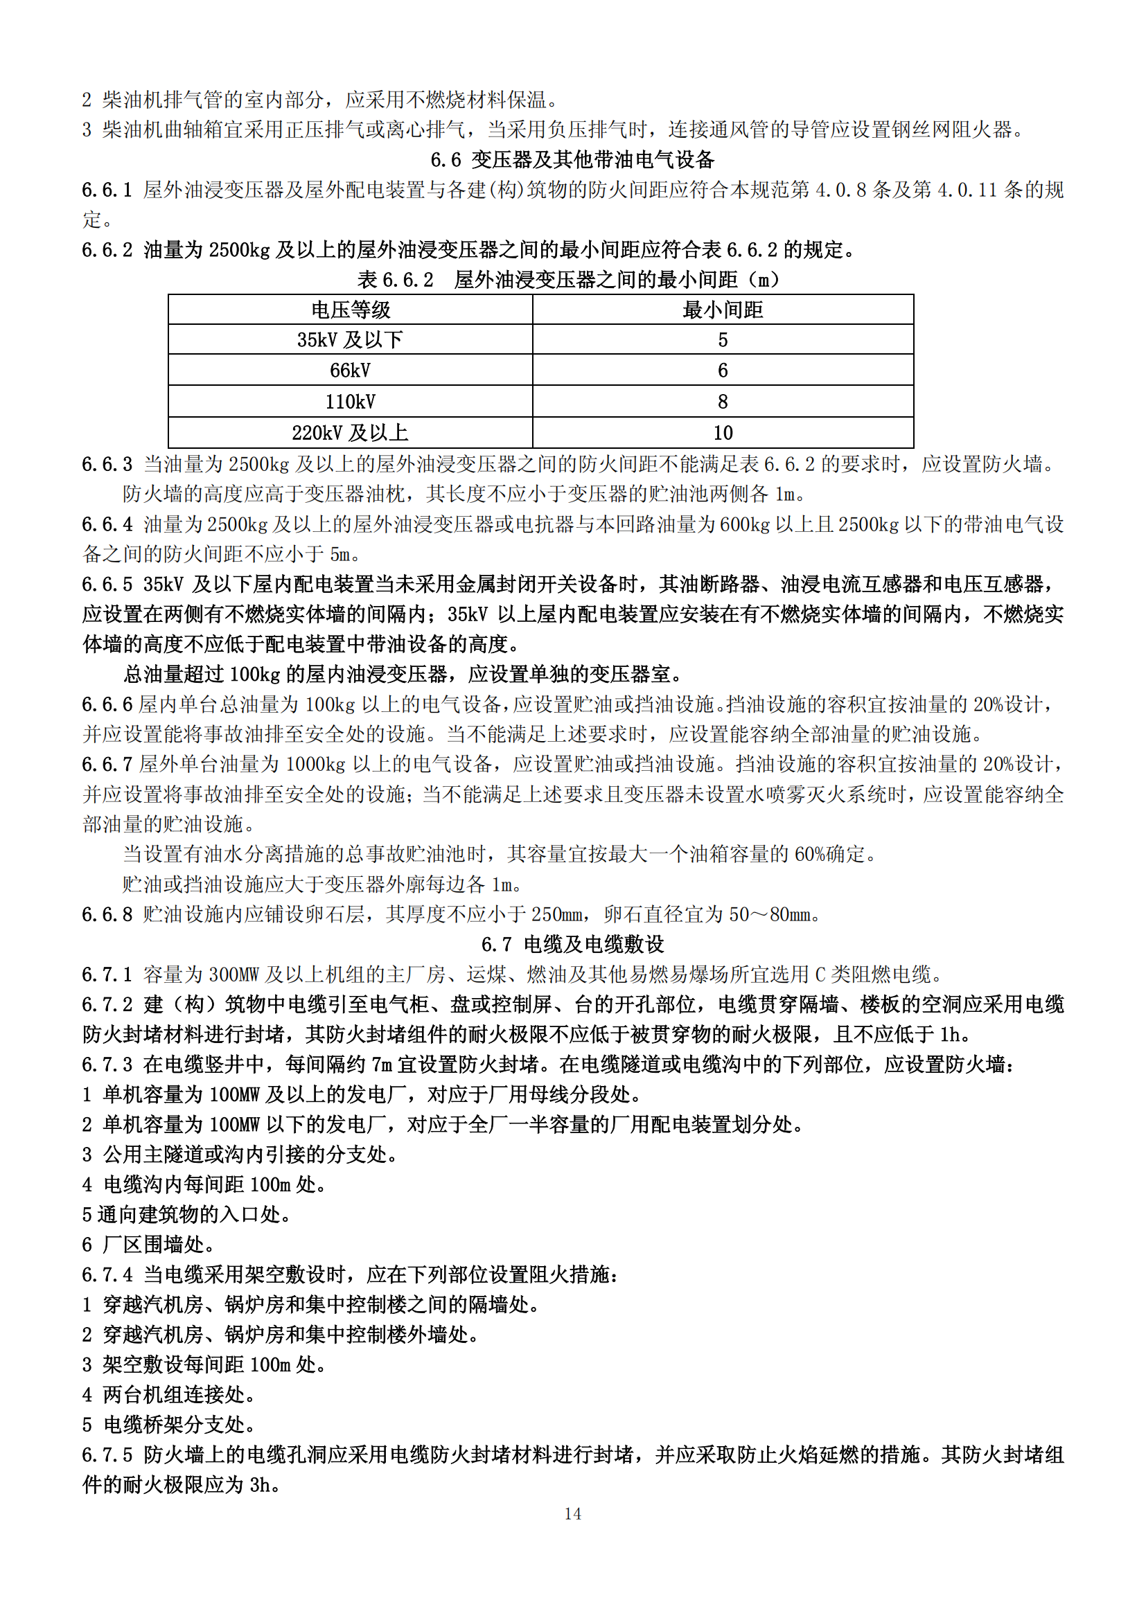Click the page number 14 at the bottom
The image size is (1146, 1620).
572,1513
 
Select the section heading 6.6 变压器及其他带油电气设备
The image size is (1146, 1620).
572,159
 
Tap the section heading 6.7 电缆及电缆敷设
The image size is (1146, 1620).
572,944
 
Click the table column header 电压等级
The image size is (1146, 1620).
350,310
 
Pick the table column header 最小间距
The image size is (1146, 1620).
723,310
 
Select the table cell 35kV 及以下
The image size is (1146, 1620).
350,340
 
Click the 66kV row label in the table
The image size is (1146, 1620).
350,371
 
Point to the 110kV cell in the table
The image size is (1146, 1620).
350,402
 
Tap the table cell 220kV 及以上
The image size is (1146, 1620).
350,432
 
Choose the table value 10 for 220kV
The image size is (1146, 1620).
723,432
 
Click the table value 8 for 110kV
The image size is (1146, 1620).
723,402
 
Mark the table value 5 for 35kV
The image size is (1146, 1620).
723,340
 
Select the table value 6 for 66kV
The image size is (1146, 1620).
723,371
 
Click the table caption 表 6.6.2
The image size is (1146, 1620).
395,280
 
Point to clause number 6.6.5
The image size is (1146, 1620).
107,585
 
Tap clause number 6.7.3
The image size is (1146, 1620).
107,1064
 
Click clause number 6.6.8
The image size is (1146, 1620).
107,914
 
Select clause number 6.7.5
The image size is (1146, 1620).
107,1455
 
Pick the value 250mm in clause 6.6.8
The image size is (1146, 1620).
557,914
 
